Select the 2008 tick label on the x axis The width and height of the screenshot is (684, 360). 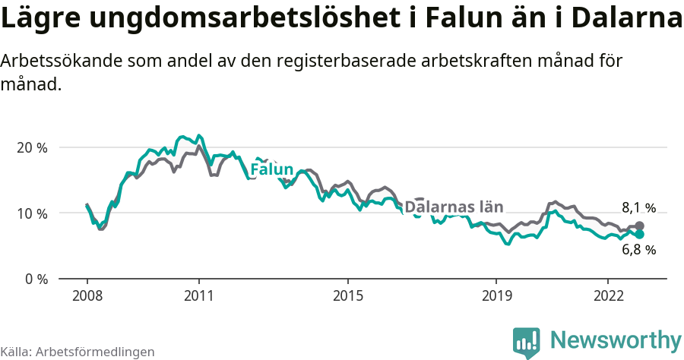[x=87, y=295]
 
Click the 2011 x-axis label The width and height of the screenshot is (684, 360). [x=198, y=295]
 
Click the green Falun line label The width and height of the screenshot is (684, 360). [x=271, y=169]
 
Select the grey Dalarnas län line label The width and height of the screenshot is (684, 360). [x=454, y=207]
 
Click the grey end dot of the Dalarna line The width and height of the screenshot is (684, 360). [x=640, y=226]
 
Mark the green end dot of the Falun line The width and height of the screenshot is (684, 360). [x=640, y=235]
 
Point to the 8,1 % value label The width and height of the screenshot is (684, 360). [x=638, y=207]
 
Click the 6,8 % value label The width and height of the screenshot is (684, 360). [x=638, y=250]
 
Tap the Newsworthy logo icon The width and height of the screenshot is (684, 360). [x=526, y=342]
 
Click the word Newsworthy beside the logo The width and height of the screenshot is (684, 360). [x=616, y=339]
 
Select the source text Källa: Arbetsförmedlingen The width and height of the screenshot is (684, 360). [x=78, y=352]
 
